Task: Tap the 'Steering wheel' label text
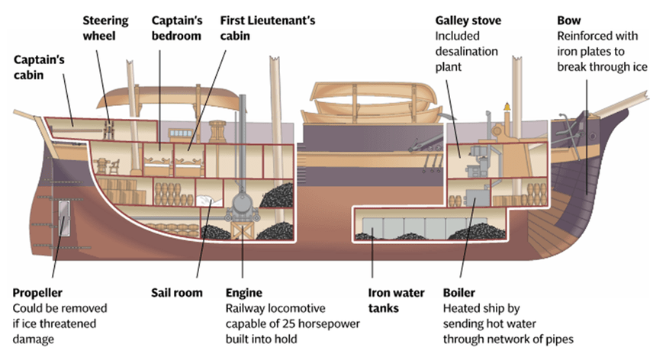[105, 27]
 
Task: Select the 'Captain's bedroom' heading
[176, 27]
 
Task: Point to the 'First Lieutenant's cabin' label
[266, 27]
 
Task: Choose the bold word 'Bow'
[569, 20]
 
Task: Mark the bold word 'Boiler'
[460, 293]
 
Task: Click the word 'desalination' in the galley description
[466, 51]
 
